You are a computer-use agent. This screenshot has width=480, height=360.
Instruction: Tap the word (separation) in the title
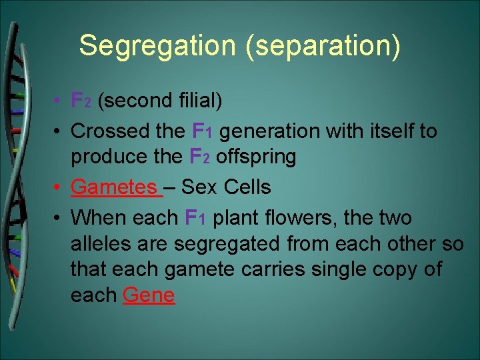[317, 46]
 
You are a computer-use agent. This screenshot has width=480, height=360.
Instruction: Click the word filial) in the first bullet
[198, 101]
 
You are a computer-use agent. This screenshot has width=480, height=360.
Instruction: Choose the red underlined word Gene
[149, 295]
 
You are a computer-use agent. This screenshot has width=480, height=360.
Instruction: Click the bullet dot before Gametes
[59, 188]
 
